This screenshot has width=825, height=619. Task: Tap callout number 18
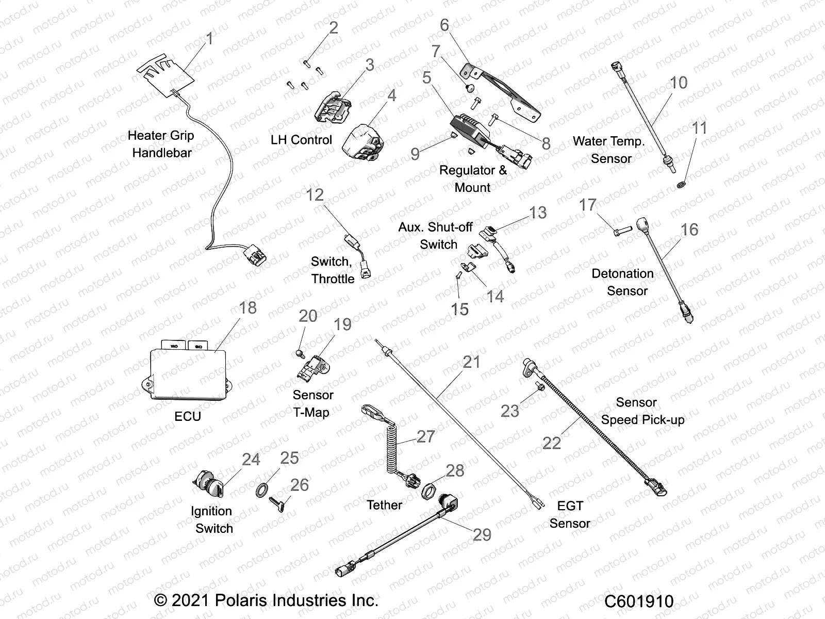248,308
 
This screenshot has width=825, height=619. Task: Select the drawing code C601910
639,601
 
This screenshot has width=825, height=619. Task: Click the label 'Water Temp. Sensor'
609,150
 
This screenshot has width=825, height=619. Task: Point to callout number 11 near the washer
699,128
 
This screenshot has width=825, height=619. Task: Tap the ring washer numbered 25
262,490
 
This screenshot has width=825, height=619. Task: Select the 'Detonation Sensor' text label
623,282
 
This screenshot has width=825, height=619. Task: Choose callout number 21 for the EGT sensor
472,362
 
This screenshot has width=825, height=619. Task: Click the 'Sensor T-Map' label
312,403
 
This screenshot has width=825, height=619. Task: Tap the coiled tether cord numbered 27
392,454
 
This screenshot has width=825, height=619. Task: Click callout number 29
482,535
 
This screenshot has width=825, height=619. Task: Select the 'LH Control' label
301,140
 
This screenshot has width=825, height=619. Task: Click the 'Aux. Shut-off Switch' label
436,236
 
